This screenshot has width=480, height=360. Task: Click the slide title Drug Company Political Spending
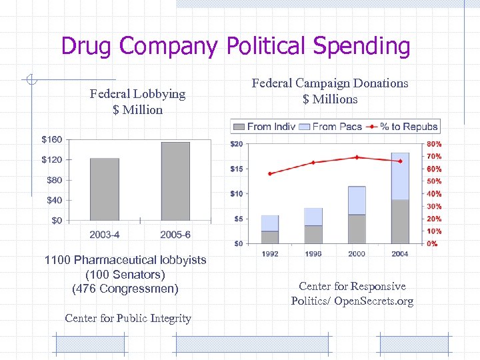tap(235, 46)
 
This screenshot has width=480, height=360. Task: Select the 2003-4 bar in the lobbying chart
tap(105, 189)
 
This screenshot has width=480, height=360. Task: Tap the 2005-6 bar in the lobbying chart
tap(175, 181)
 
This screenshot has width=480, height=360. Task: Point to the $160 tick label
tap(51, 139)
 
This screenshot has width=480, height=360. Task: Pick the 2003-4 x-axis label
tap(105, 235)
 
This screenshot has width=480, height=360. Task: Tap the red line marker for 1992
tap(270, 173)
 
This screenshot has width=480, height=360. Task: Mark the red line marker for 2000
tap(357, 157)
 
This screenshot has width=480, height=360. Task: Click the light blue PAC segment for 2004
tap(400, 177)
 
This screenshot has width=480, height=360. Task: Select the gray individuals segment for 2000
tap(357, 229)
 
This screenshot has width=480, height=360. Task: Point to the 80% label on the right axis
tap(433, 144)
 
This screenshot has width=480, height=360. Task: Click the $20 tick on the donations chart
tap(236, 144)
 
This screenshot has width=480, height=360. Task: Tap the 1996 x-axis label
tap(313, 254)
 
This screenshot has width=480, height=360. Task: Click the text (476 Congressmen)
tap(125, 289)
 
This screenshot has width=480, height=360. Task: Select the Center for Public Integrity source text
tap(128, 318)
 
